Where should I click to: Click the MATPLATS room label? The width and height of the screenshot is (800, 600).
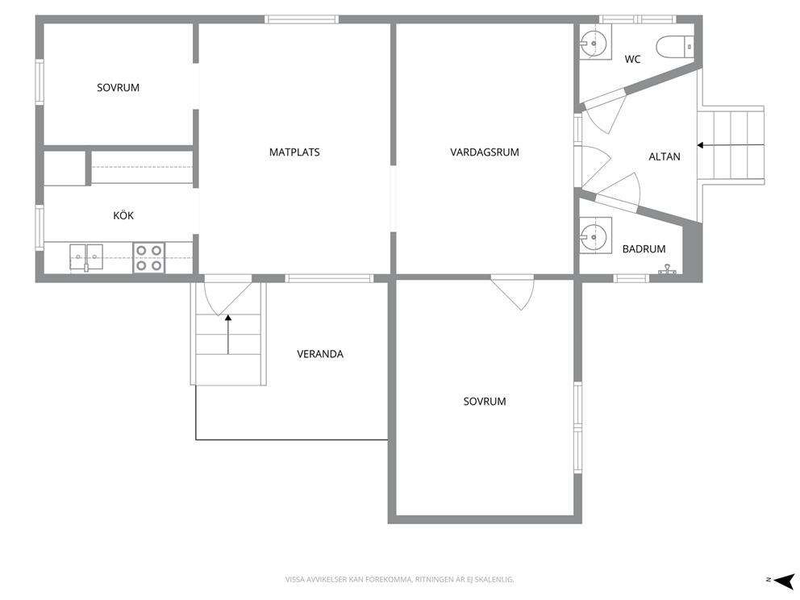point(294,152)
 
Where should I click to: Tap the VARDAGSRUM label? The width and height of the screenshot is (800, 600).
point(484,152)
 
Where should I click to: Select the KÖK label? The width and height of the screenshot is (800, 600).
point(123,215)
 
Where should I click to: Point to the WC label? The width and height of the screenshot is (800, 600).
point(632,59)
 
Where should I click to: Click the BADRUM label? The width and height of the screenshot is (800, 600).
point(644,249)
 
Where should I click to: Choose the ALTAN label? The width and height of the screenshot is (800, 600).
point(665,156)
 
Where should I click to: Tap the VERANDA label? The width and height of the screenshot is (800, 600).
point(320,354)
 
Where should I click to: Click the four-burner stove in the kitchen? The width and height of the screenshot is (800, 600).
point(149,257)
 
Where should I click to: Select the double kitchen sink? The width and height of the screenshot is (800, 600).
point(86,257)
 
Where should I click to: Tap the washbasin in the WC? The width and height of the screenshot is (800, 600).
point(595,42)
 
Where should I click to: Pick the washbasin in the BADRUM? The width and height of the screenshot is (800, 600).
point(595,235)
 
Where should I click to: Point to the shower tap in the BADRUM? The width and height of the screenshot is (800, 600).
point(667,269)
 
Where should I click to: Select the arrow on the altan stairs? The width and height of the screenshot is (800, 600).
point(731,145)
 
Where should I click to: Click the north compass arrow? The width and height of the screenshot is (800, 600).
point(784,580)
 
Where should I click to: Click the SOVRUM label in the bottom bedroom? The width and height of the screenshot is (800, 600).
point(485,402)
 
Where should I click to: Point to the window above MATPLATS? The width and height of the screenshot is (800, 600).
point(302,19)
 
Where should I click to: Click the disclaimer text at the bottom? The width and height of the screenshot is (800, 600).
point(399,580)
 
